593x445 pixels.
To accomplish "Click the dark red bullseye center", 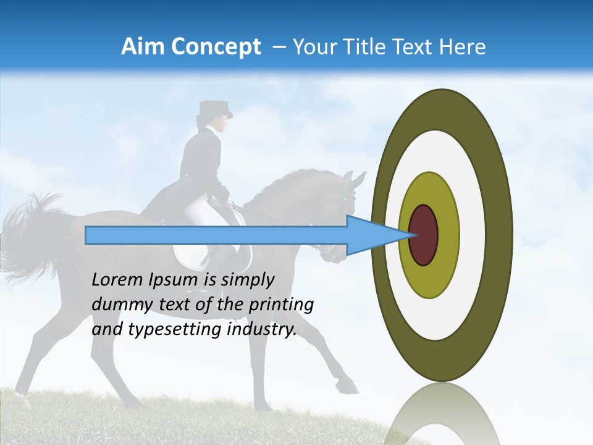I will [x=424, y=235].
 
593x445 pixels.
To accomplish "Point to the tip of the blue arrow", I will [x=410, y=235].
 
